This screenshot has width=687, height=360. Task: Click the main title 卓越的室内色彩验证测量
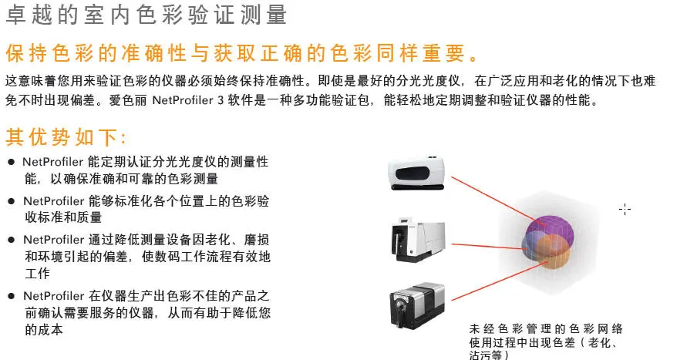tap(146, 15)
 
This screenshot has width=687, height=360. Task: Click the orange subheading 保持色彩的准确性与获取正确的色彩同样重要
tap(241, 54)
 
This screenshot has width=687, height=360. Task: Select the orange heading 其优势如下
tap(66, 137)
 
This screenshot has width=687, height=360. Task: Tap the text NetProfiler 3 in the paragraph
tap(188, 101)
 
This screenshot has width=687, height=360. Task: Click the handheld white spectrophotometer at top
tap(416, 173)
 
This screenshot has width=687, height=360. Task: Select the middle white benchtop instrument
tap(418, 240)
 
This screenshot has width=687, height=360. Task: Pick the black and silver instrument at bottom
tap(417, 305)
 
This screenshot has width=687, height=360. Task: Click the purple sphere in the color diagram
tap(551, 229)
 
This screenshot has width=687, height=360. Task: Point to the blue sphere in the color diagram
tap(530, 245)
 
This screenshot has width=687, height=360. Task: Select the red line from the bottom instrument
tap(500, 281)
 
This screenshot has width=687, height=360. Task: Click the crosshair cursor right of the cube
tap(625, 210)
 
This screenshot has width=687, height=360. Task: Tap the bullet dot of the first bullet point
tap(12, 163)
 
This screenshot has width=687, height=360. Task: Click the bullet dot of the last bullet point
tap(12, 297)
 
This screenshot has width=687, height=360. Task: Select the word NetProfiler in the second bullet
tap(53, 201)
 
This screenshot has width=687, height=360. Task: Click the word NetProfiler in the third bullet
tap(53, 240)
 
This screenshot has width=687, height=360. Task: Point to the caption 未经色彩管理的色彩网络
tap(546, 329)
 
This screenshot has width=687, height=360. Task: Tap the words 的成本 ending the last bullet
tap(44, 330)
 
